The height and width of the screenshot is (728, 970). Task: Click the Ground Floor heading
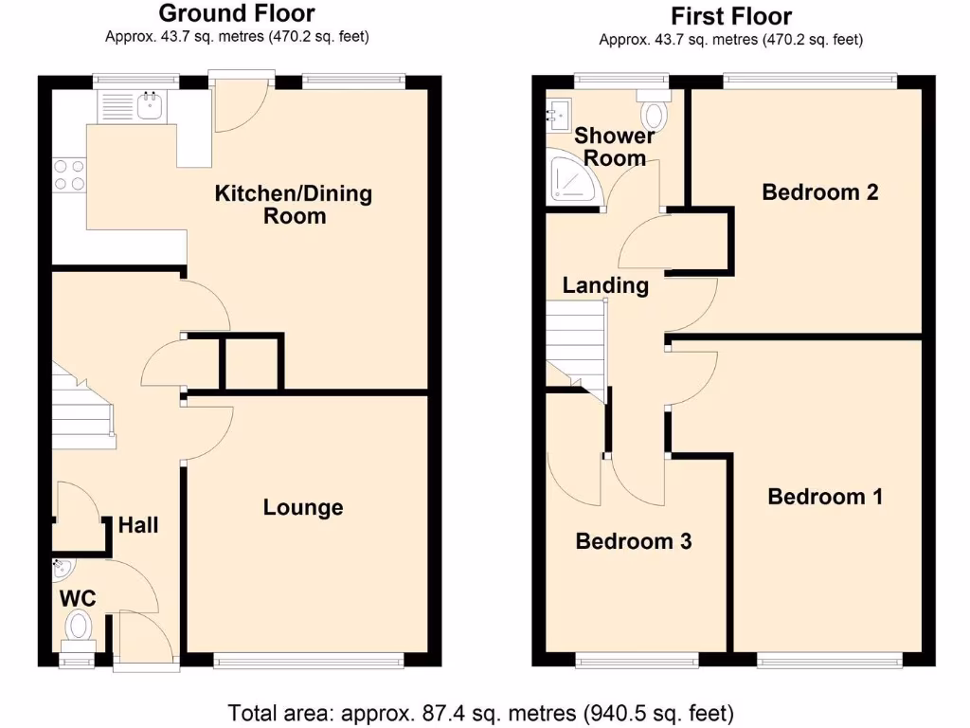(236, 13)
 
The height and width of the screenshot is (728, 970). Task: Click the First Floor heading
(730, 16)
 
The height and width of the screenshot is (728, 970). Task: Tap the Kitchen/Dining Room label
(294, 205)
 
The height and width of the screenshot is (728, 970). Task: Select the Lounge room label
(303, 508)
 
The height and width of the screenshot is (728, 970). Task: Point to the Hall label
(138, 525)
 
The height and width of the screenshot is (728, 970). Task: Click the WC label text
(77, 598)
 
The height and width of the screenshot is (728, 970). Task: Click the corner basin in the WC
(63, 569)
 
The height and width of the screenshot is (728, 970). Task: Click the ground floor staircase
(82, 408)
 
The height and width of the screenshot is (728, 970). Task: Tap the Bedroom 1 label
(825, 497)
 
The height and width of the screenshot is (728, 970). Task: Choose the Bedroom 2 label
(820, 192)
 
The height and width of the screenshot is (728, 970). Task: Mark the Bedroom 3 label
(634, 541)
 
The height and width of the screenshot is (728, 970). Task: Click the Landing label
(605, 285)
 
